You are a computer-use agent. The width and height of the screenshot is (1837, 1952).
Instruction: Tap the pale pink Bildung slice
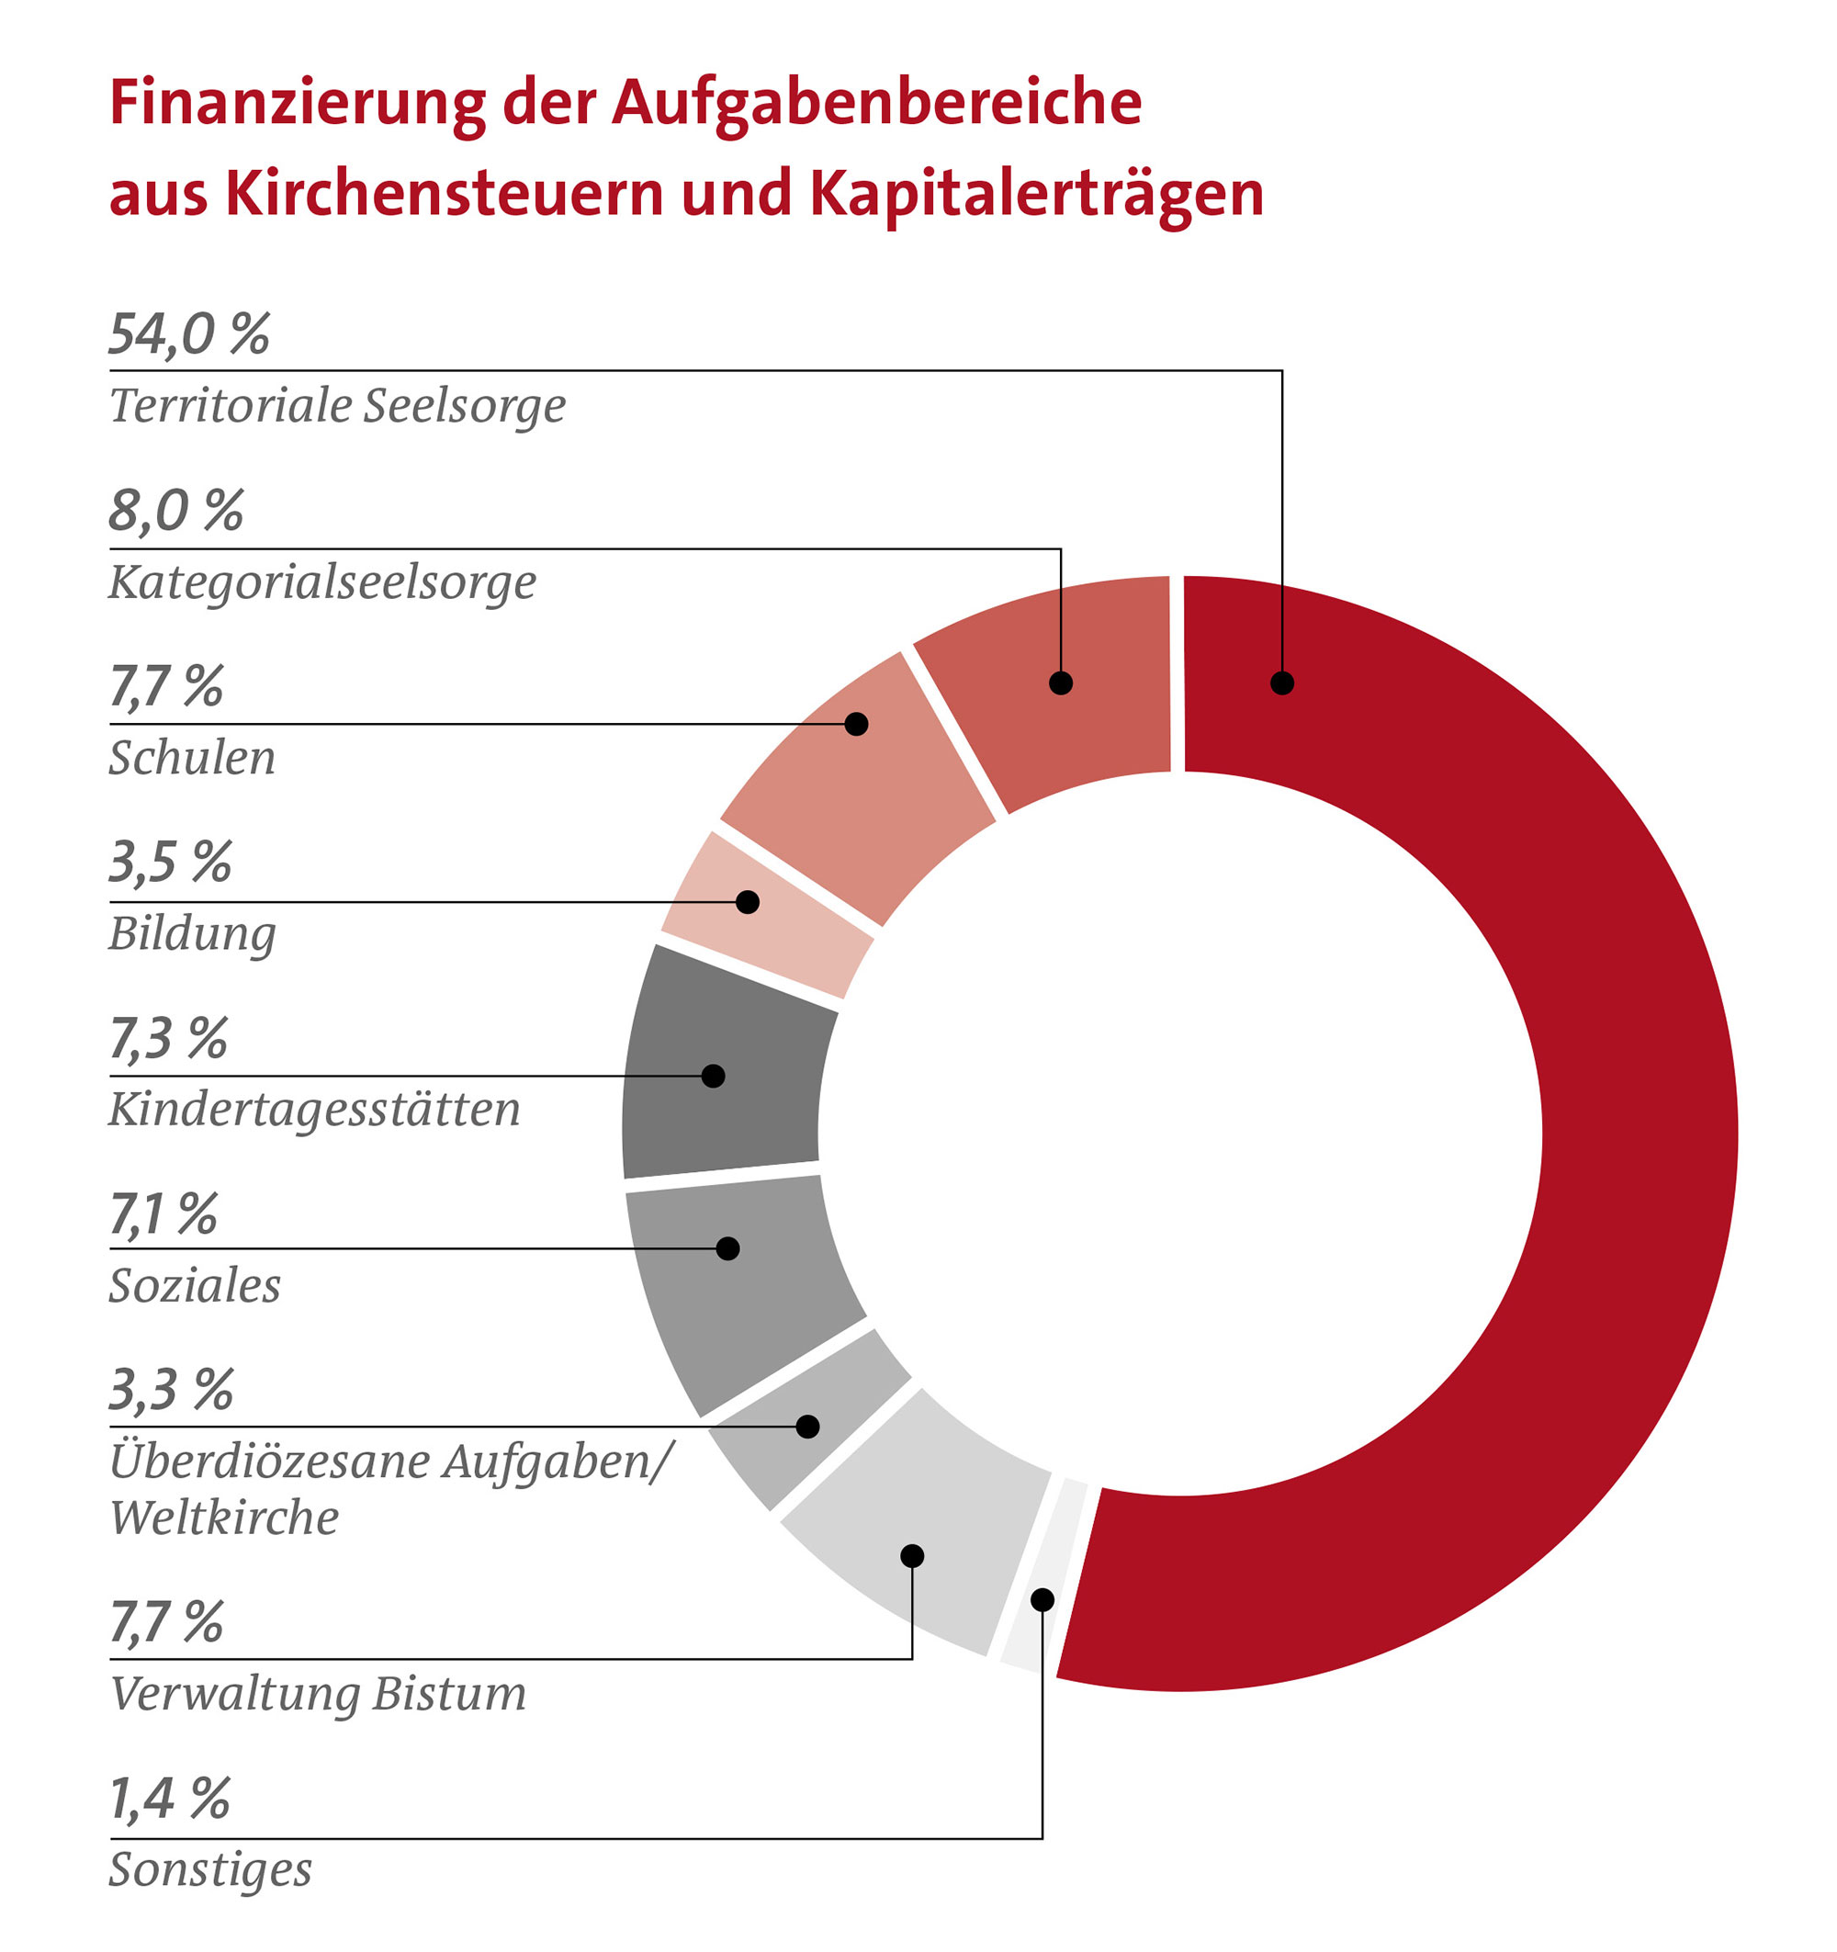[x=766, y=913]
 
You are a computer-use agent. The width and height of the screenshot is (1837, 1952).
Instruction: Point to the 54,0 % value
[x=188, y=333]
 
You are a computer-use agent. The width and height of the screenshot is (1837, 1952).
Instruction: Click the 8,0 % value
[x=175, y=511]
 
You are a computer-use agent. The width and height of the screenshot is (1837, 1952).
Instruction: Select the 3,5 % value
[x=170, y=863]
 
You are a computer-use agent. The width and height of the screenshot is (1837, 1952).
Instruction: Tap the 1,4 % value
[x=169, y=1799]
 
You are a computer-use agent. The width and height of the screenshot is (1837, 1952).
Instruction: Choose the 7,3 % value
[x=168, y=1039]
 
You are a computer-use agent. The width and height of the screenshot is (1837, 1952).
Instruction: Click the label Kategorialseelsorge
[x=322, y=582]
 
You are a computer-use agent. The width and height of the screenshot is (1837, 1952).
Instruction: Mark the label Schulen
[x=191, y=758]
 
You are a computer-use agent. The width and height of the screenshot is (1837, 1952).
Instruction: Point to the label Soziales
[x=195, y=1285]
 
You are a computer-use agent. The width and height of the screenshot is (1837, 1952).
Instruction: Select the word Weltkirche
[x=224, y=1518]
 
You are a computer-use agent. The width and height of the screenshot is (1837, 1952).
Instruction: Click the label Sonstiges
[x=210, y=1868]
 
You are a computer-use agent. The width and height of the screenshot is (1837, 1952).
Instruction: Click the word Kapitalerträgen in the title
[x=1036, y=194]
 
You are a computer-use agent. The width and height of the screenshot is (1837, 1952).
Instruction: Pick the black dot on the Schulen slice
[x=856, y=724]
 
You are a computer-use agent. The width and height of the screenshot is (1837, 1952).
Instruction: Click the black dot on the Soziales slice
[x=727, y=1248]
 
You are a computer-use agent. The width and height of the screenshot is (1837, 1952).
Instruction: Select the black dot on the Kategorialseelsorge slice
[x=1060, y=683]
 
